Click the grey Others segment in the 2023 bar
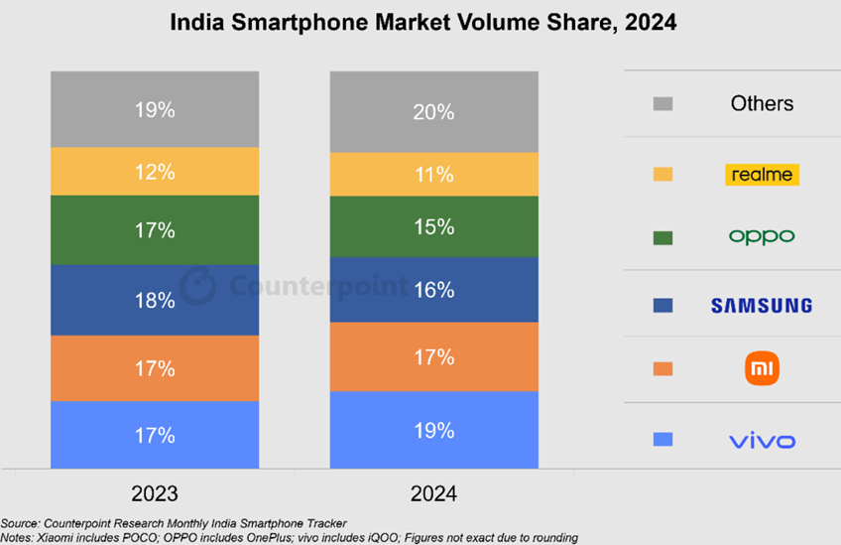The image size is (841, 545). tap(155, 109)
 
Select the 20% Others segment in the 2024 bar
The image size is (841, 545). tap(433, 112)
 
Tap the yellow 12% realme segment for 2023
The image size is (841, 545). tap(155, 172)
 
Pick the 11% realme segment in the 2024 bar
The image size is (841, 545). tap(433, 175)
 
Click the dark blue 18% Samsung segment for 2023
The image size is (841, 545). tap(155, 300)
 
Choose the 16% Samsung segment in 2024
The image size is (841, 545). tap(433, 290)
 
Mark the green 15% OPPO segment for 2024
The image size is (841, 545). tap(433, 227)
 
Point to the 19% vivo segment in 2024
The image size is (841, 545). tap(433, 430)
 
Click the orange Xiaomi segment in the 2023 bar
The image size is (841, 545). tap(155, 368)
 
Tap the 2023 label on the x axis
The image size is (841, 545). tap(154, 493)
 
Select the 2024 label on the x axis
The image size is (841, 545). tap(432, 493)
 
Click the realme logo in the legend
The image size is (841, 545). tap(762, 175)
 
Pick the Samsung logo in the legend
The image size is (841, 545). tap(762, 306)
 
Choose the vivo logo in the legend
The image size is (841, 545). tap(762, 440)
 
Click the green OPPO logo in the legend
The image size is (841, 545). tap(762, 237)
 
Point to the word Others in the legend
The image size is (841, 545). tap(762, 103)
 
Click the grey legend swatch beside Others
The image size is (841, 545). tap(663, 103)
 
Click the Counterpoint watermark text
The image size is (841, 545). tap(317, 287)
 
